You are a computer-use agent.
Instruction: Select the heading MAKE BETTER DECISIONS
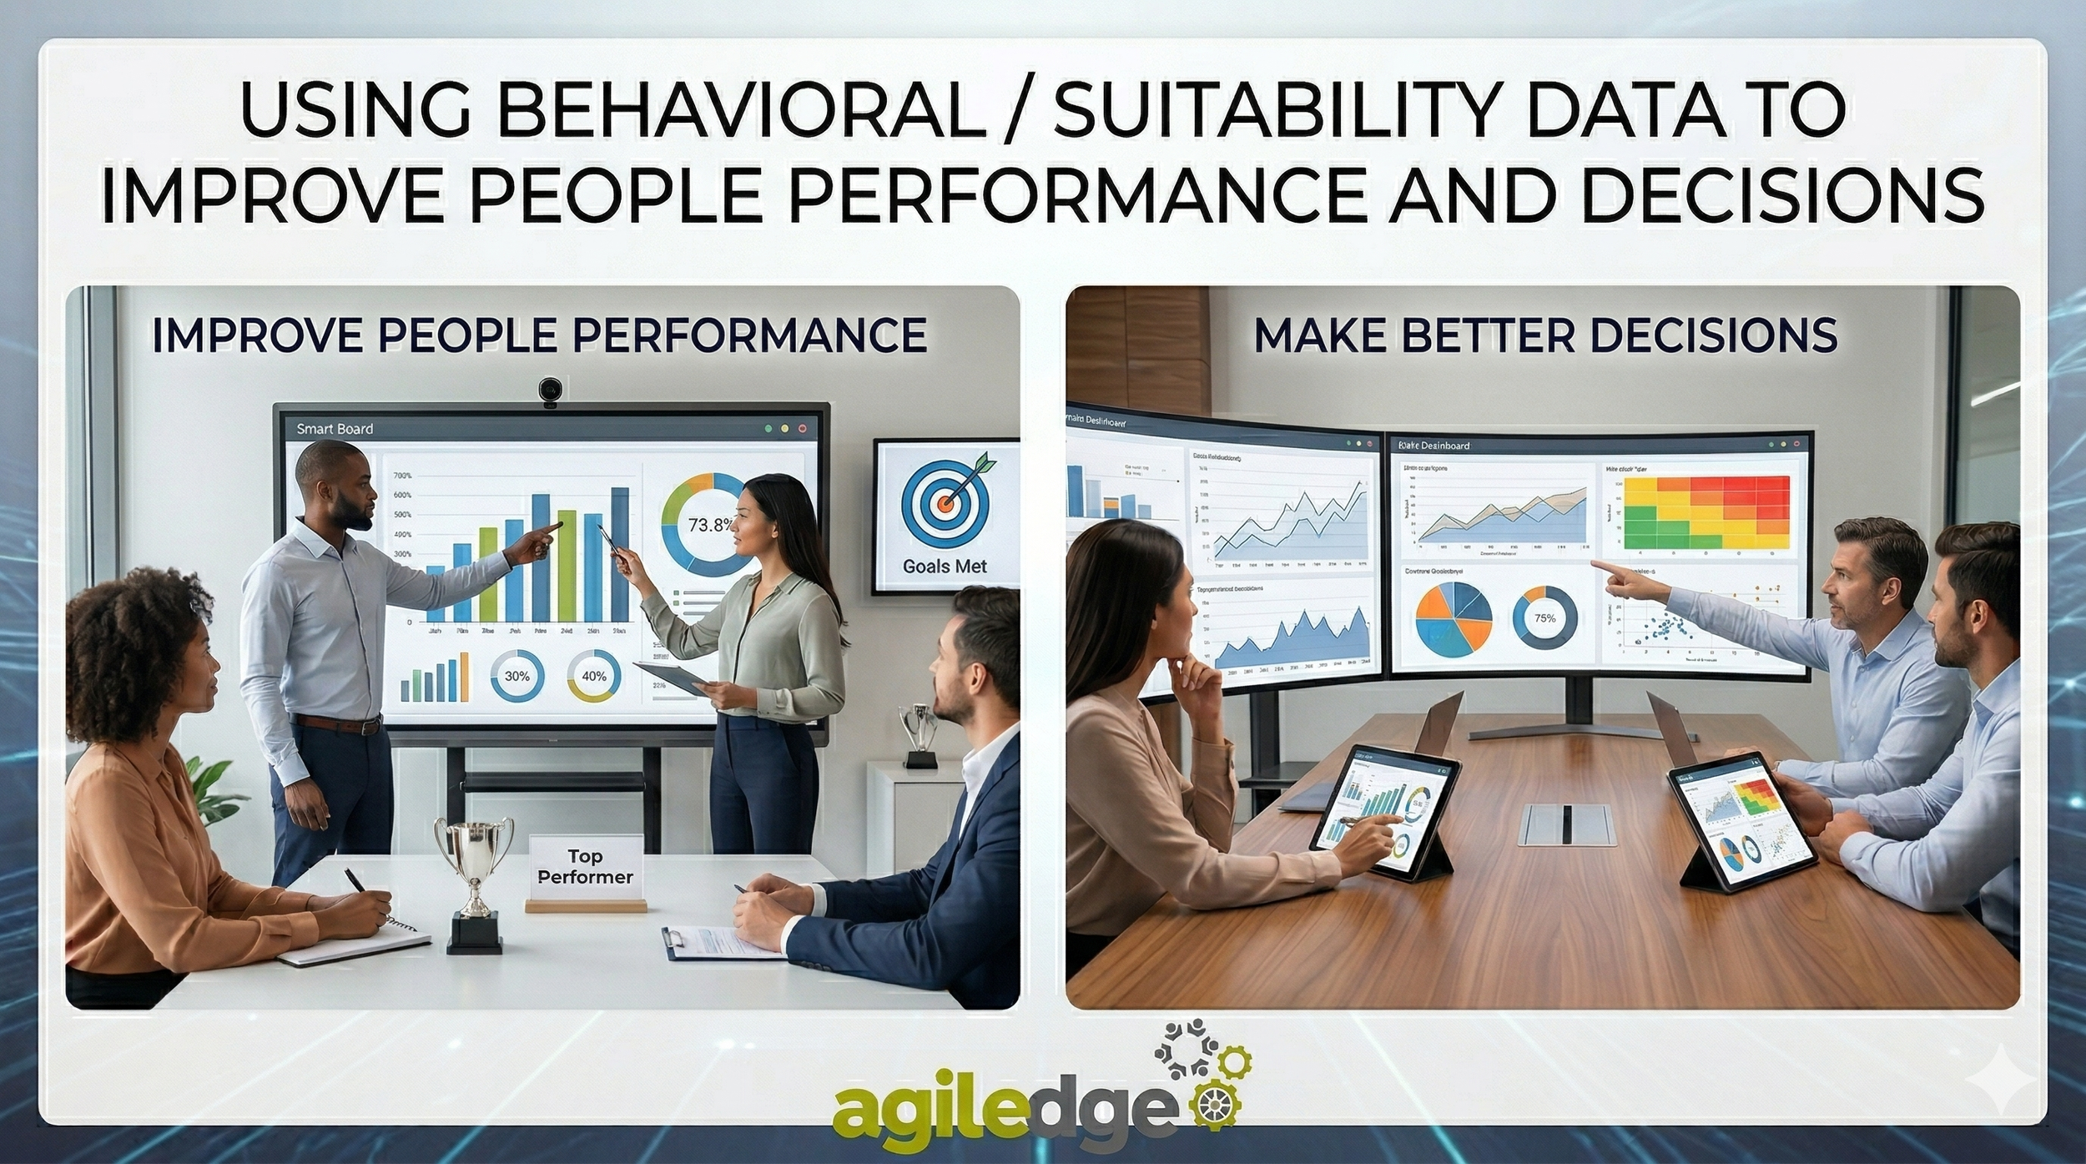1544,335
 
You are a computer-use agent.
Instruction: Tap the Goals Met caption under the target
945,567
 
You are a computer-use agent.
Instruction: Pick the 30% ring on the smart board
516,676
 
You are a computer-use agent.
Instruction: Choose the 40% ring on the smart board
593,676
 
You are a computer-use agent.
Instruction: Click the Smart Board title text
335,429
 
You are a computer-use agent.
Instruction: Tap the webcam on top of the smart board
548,392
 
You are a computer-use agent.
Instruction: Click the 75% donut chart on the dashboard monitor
1544,618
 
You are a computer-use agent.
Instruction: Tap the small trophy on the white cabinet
919,734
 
